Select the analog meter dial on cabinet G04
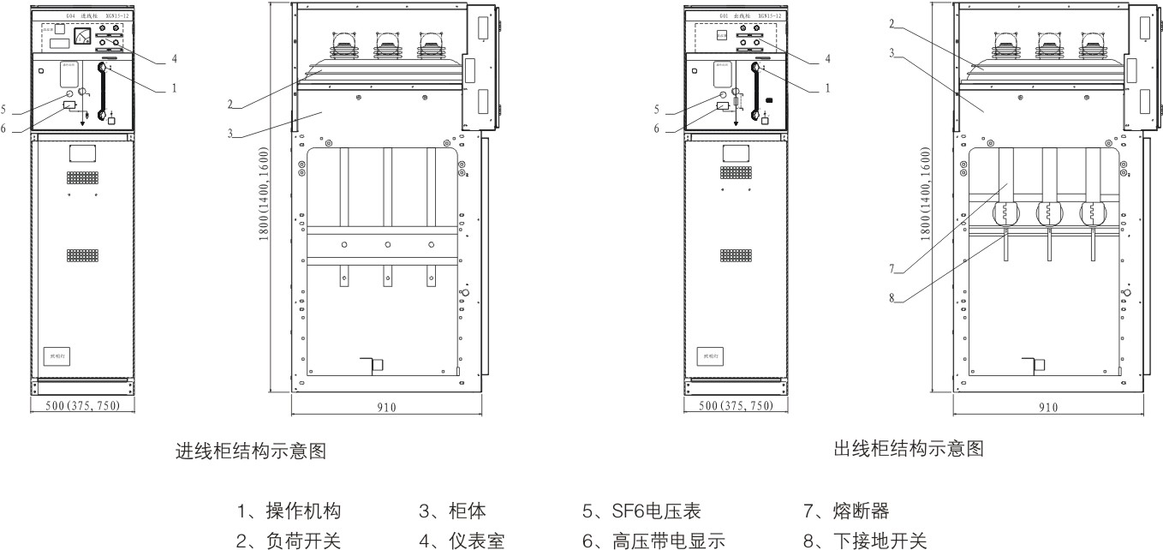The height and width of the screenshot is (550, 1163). click(83, 36)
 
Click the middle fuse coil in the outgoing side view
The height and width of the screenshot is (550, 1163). click(1048, 212)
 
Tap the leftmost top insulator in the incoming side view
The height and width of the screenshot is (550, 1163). click(343, 45)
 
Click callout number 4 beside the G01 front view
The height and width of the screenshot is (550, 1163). click(827, 60)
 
